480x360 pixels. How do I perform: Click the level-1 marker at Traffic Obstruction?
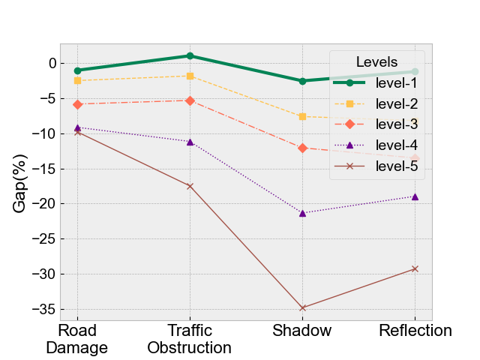(x=190, y=55)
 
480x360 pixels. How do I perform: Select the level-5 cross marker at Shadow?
(x=302, y=307)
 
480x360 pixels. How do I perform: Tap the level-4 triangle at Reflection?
(x=415, y=196)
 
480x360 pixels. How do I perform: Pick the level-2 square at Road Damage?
(x=77, y=80)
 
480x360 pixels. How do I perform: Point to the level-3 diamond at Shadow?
(x=302, y=148)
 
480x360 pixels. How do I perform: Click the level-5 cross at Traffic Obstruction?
(x=190, y=186)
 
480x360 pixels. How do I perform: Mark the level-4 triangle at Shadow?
(x=302, y=213)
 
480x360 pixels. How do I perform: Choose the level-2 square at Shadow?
(x=302, y=116)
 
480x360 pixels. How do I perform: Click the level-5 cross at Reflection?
(x=415, y=268)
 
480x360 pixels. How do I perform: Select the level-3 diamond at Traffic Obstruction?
(x=190, y=100)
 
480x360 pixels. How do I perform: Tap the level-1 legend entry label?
(x=397, y=83)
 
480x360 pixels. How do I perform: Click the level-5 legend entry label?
(x=397, y=166)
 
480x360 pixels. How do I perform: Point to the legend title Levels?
(x=376, y=61)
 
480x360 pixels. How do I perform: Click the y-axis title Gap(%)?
(x=20, y=183)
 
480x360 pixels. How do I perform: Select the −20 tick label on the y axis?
(x=44, y=204)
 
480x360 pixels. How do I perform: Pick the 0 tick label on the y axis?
(x=52, y=64)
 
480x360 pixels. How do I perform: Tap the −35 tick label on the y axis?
(x=44, y=309)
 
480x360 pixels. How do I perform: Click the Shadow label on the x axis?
(x=301, y=331)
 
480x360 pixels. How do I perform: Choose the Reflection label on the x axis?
(x=415, y=331)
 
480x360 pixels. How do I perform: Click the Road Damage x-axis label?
(x=77, y=339)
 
